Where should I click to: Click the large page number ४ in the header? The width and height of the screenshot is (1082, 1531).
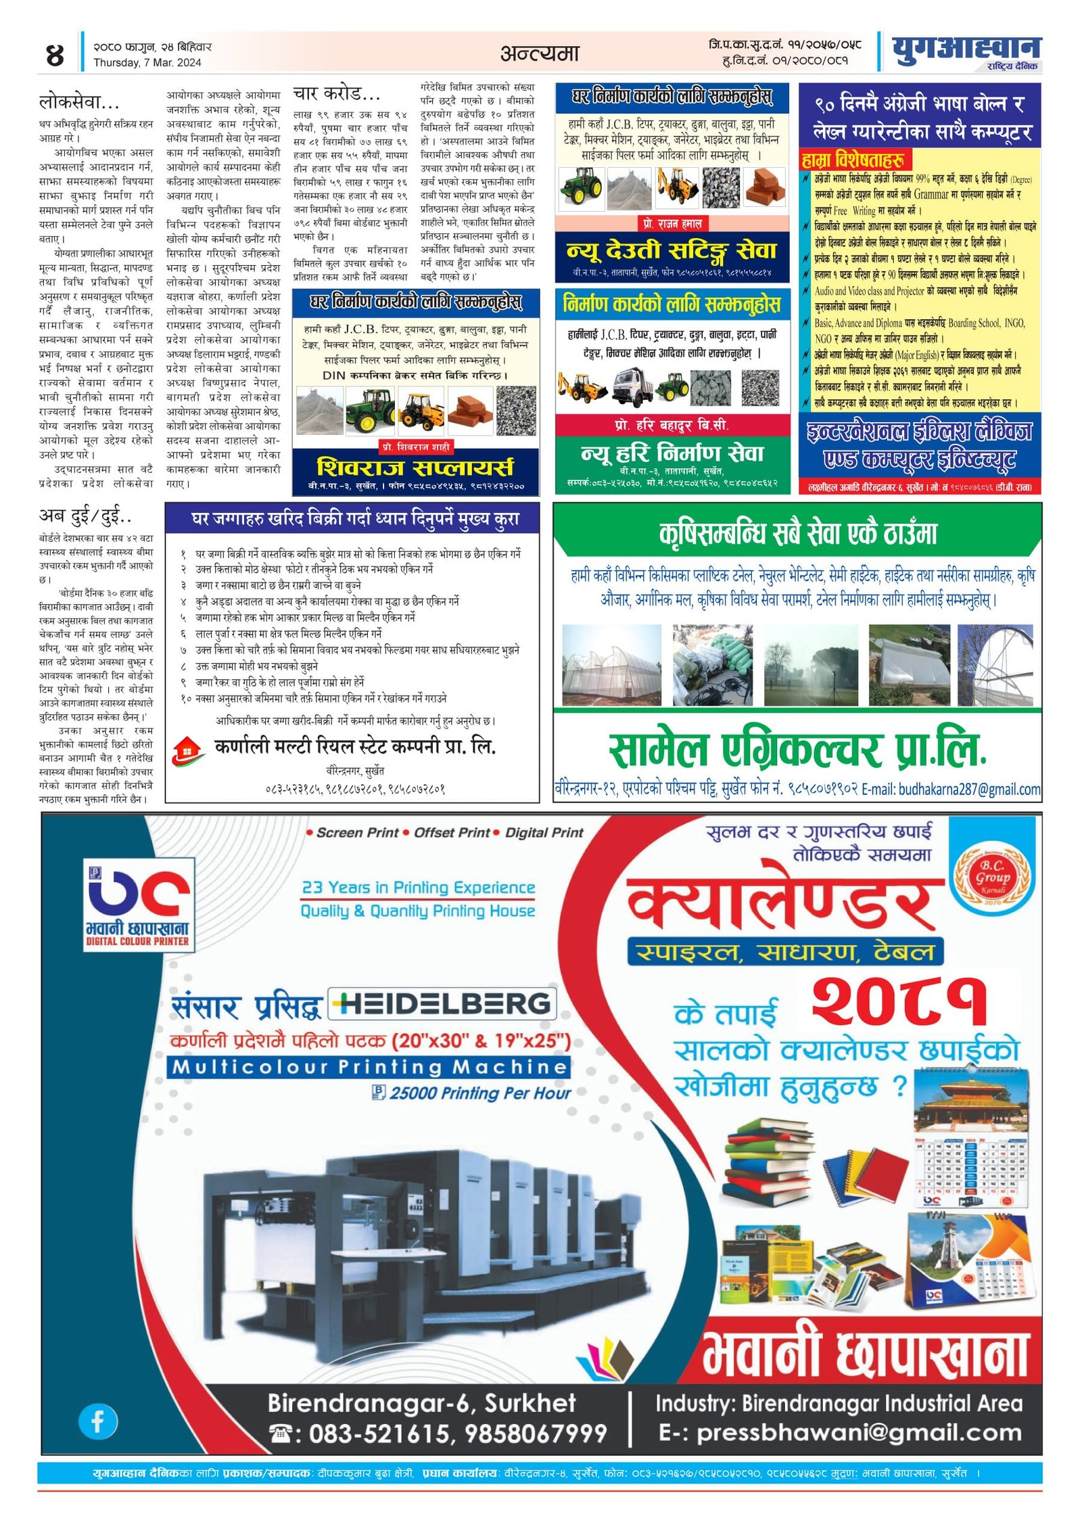(x=54, y=55)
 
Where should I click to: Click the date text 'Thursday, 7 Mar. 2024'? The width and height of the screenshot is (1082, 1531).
(x=147, y=63)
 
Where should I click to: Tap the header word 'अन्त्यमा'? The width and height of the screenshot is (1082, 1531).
(x=540, y=53)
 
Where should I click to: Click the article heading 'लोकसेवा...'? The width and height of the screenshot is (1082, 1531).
(x=79, y=103)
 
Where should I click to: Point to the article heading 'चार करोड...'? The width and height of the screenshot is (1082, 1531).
(x=337, y=93)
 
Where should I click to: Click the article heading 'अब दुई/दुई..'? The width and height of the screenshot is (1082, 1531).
(x=85, y=517)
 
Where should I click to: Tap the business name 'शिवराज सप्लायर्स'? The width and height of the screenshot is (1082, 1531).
(x=415, y=467)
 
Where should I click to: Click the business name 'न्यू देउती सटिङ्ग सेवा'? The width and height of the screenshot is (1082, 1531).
(x=672, y=251)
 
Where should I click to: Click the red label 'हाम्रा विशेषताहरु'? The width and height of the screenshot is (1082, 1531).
(x=854, y=160)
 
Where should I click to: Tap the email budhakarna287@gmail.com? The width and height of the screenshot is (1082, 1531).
(x=968, y=790)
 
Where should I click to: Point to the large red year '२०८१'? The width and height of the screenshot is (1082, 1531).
(x=899, y=1001)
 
